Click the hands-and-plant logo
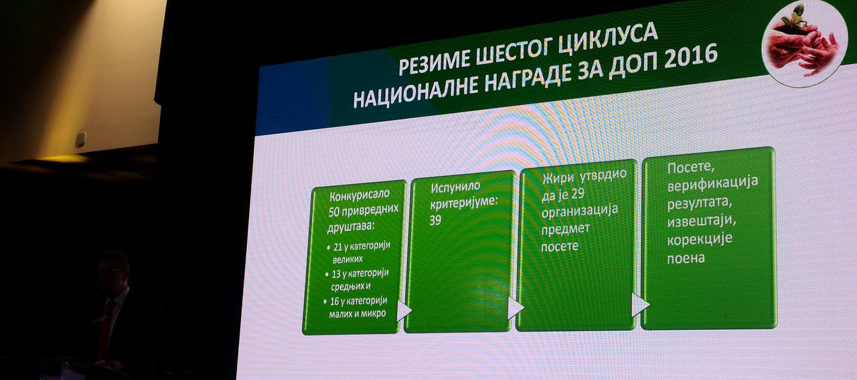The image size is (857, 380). [804, 43]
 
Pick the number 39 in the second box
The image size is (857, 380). [435, 220]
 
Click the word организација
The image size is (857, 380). [580, 211]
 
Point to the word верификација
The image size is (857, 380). [713, 185]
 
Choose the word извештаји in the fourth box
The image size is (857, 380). [701, 221]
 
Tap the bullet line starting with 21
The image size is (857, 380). [358, 252]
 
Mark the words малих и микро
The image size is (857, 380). [358, 314]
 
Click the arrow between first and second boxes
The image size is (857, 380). [404, 311]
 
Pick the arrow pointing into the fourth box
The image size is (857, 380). [639, 305]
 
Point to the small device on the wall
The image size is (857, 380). [80, 139]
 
